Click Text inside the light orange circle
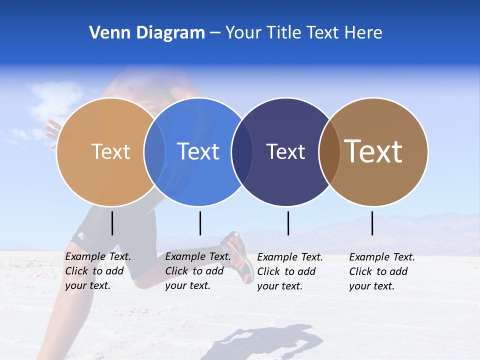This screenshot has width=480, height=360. [110, 151]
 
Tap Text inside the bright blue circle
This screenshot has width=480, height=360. [198, 151]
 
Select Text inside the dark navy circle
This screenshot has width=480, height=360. [285, 151]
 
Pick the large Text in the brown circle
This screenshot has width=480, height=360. [373, 151]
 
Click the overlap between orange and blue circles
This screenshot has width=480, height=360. [154, 152]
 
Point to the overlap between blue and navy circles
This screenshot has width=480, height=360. [242, 152]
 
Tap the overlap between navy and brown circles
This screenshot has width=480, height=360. [329, 152]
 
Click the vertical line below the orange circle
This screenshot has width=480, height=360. [112, 223]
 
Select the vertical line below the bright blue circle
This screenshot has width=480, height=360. [200, 223]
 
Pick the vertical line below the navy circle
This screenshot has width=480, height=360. [288, 223]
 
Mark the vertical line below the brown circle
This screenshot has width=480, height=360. [372, 223]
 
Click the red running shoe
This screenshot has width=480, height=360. [238, 255]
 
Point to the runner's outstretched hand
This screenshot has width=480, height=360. [51, 129]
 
